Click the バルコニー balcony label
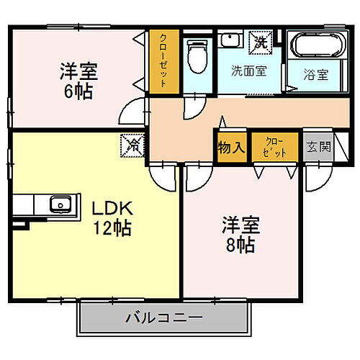tap(164, 317)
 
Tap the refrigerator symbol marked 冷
tap(134, 145)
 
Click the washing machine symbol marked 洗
tap(258, 42)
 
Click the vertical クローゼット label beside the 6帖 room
tap(163, 62)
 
